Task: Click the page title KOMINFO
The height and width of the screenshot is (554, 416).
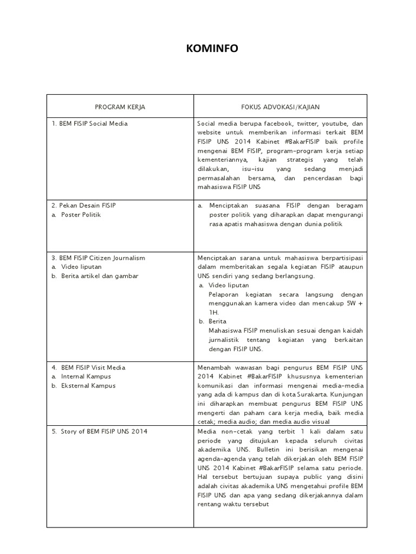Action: [x=212, y=49]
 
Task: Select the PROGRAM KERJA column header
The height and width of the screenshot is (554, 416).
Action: [x=120, y=107]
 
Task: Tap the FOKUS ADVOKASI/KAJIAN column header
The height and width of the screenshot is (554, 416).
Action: [x=280, y=107]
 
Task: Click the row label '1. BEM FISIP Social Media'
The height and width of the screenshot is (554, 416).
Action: [x=90, y=123]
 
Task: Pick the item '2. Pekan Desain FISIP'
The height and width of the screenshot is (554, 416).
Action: [x=84, y=206]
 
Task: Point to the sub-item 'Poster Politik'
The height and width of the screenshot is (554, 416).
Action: [x=81, y=215]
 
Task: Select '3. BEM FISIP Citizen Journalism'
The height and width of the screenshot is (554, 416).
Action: [x=99, y=258]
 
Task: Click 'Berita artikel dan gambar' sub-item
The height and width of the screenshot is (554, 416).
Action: [x=100, y=276]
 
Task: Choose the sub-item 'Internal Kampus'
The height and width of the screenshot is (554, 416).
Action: [x=86, y=377]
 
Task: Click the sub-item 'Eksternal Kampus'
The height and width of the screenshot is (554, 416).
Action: [x=88, y=386]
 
